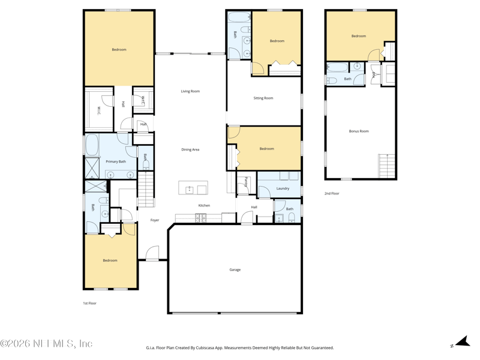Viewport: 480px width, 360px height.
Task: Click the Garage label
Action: (235, 269)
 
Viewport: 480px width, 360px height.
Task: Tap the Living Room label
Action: (190, 91)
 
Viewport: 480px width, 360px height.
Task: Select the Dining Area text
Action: (190, 149)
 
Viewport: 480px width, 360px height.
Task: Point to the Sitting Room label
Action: (263, 98)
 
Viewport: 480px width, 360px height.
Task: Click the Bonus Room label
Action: (359, 131)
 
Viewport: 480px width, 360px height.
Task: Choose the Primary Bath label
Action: (116, 161)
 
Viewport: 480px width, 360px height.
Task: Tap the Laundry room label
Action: (283, 188)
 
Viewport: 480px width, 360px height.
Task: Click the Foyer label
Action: (155, 220)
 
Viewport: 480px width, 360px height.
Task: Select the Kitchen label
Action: (204, 205)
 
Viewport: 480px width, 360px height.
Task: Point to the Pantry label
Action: (246, 182)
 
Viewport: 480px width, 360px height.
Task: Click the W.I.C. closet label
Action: (98, 111)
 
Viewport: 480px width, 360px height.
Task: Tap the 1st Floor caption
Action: (89, 304)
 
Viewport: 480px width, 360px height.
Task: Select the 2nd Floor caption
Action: (332, 193)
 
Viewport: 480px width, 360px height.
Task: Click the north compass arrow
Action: (463, 341)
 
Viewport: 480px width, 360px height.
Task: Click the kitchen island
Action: (193, 188)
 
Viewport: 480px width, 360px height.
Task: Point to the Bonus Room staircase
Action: (386, 166)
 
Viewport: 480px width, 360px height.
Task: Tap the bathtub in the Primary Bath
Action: (92, 145)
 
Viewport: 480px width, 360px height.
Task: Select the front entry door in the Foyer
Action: (152, 253)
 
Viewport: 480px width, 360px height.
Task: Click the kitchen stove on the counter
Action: (200, 218)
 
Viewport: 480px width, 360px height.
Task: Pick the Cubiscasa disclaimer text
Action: (239, 348)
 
